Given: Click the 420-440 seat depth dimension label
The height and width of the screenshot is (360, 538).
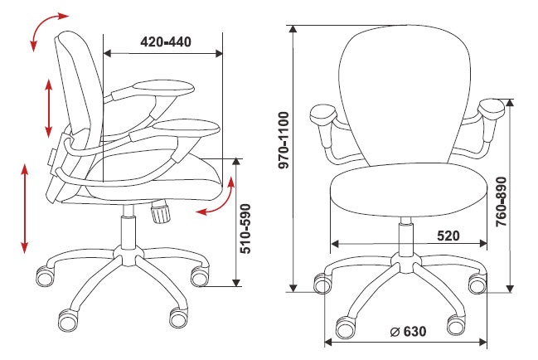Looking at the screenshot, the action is (166, 41).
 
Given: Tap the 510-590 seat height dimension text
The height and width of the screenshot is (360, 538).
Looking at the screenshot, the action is (245, 229).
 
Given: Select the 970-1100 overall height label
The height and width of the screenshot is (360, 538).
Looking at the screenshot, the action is (284, 140).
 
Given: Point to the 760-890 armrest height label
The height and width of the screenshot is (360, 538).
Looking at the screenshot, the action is (502, 202).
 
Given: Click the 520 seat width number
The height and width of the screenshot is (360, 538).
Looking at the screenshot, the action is (448, 236).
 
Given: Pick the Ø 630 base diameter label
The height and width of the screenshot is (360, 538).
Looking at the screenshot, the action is (409, 332).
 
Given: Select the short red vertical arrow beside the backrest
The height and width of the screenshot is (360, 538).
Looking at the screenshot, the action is (49, 108).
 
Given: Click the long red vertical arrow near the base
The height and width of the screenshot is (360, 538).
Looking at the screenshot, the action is (24, 209).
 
